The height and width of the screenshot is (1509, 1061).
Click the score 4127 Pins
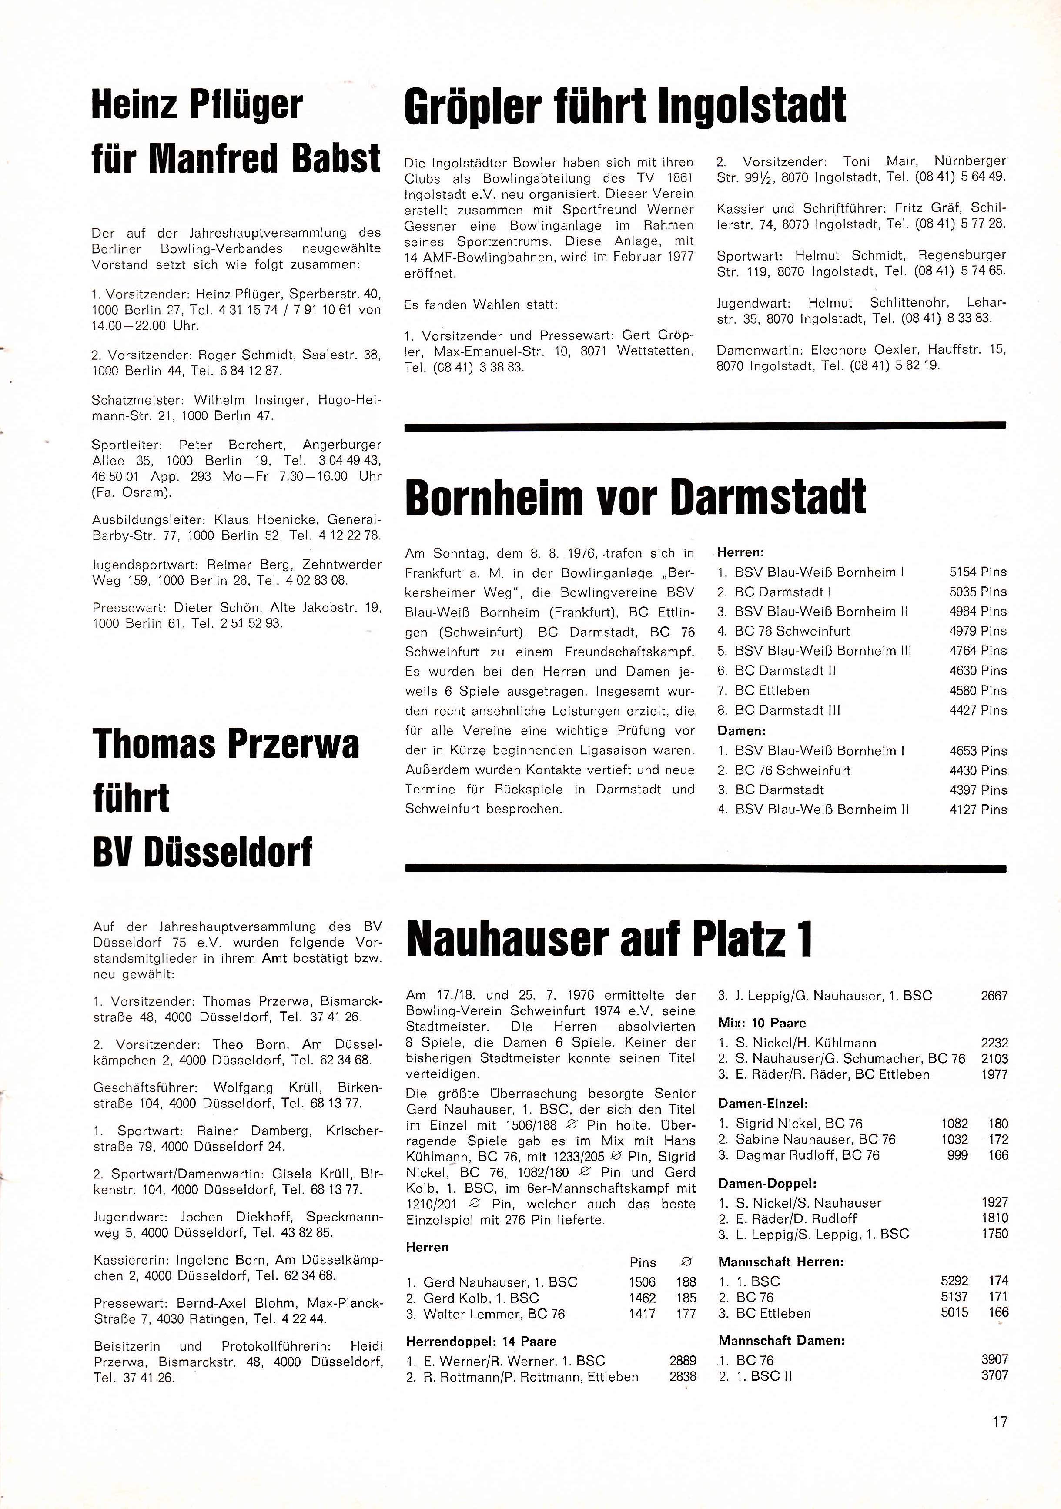pyautogui.click(x=977, y=810)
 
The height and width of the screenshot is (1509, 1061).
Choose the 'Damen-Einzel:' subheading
pyautogui.click(x=763, y=1104)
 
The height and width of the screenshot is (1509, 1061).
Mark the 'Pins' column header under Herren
pyautogui.click(x=642, y=1262)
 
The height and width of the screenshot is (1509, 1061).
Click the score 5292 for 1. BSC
pyautogui.click(x=954, y=1281)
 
